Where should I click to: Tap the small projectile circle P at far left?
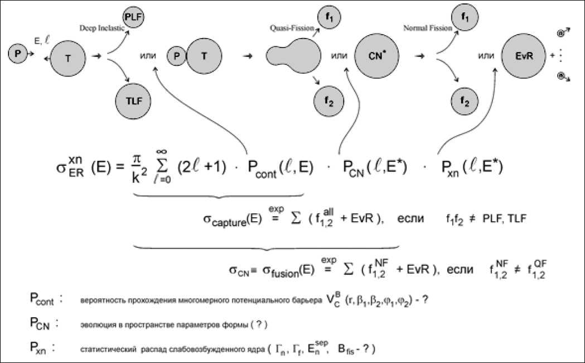[x=18, y=54]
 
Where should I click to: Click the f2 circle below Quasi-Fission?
[x=328, y=102]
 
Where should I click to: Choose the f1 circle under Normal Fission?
[x=465, y=17]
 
